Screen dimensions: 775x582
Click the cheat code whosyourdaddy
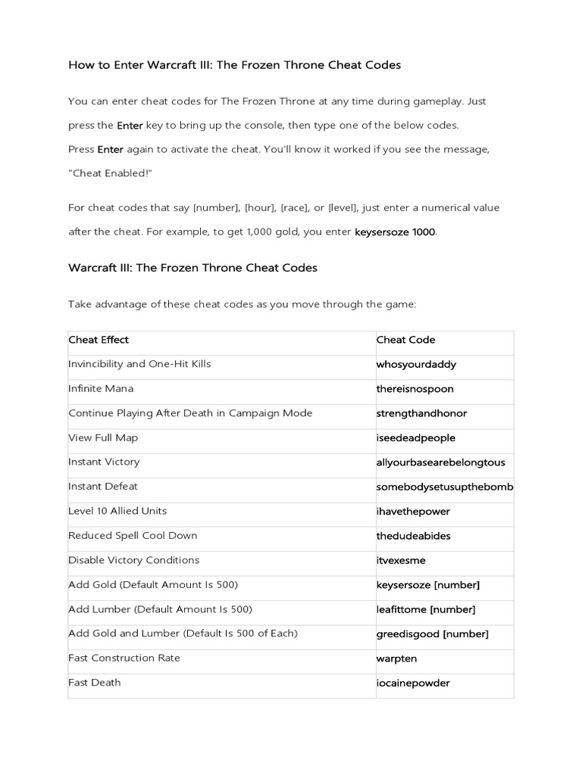point(416,365)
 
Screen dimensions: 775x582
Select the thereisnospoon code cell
point(415,389)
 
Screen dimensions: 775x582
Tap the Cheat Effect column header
point(99,340)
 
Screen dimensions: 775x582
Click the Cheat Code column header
point(405,340)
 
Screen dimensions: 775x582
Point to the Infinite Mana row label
point(101,389)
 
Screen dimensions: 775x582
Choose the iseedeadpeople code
point(415,438)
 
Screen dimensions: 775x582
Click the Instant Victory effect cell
point(104,462)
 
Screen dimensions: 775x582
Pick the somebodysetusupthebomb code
point(445,487)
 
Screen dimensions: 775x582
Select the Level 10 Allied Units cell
point(117,511)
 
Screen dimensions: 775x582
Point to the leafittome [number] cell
point(426,609)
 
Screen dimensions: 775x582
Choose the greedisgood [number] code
point(432,633)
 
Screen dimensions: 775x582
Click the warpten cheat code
point(396,658)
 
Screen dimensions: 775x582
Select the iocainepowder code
point(413,683)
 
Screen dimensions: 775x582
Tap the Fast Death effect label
point(95,683)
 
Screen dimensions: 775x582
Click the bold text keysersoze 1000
point(395,232)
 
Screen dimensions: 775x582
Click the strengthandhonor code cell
point(421,414)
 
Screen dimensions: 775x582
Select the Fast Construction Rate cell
point(124,658)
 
